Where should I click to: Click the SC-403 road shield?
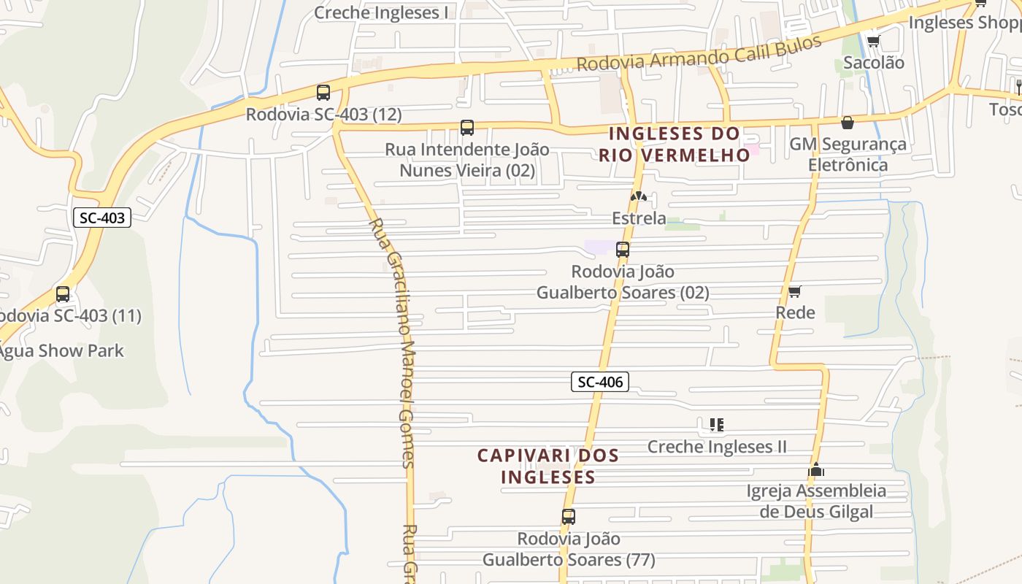102,217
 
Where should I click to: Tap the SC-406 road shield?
599,381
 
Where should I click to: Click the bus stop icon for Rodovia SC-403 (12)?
323,93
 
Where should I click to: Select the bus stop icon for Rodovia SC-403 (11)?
63,294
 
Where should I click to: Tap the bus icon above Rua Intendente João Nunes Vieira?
467,128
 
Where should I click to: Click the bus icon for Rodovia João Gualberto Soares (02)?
623,250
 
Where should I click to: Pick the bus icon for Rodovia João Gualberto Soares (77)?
569,517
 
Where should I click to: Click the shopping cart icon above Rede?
795,291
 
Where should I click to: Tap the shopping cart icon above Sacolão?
873,41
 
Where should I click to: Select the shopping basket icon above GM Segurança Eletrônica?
848,123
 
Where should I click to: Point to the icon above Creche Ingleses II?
717,424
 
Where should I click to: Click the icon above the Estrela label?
639,196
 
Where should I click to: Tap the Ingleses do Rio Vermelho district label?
674,144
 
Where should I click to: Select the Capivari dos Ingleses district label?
548,466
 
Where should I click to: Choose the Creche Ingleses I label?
381,12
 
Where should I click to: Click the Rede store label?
795,312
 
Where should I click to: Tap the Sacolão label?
874,63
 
